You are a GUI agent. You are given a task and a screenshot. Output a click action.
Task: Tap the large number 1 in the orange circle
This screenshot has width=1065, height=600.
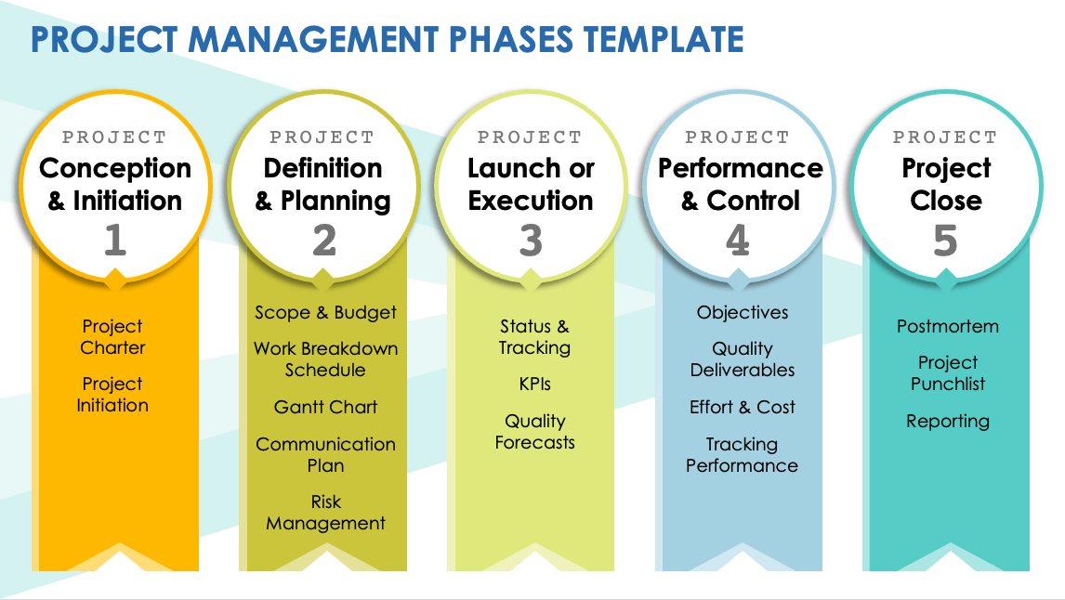pos(115,241)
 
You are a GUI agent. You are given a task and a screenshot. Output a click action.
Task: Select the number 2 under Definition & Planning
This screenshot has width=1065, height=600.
pos(324,241)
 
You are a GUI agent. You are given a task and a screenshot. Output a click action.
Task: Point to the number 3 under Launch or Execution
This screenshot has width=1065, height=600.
pos(532,241)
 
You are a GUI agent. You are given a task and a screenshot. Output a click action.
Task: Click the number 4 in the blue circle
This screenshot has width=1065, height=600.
pos(738,241)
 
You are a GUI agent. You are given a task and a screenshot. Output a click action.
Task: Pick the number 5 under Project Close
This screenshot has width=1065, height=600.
pos(945,241)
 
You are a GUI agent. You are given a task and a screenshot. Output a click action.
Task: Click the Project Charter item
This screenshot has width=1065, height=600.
pos(112,336)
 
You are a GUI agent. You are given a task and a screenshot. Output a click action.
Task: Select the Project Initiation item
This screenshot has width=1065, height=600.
pos(112,395)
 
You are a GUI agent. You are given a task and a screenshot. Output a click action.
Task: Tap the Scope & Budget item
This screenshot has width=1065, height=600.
pos(325,312)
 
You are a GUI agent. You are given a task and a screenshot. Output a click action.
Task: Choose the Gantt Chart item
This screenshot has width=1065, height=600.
pos(325,407)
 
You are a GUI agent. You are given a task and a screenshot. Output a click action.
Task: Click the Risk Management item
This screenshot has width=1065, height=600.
pos(325,513)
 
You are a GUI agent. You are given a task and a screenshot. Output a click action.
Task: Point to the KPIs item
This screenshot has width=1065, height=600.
pos(534,384)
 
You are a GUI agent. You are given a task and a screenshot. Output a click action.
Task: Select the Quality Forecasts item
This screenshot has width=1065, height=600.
pos(534,432)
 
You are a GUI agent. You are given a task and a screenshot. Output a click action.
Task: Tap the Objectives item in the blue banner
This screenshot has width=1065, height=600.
pos(743,312)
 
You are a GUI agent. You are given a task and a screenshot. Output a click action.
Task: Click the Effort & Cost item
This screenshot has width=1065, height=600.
pos(743,407)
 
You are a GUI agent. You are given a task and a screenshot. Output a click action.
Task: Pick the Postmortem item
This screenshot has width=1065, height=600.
pos(948,327)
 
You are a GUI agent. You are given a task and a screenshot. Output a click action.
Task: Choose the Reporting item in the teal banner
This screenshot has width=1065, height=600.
pos(948,421)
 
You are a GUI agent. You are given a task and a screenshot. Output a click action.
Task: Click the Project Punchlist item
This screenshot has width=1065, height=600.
pos(948,372)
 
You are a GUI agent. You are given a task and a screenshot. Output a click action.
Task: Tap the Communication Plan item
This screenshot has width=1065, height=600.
pos(325,455)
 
